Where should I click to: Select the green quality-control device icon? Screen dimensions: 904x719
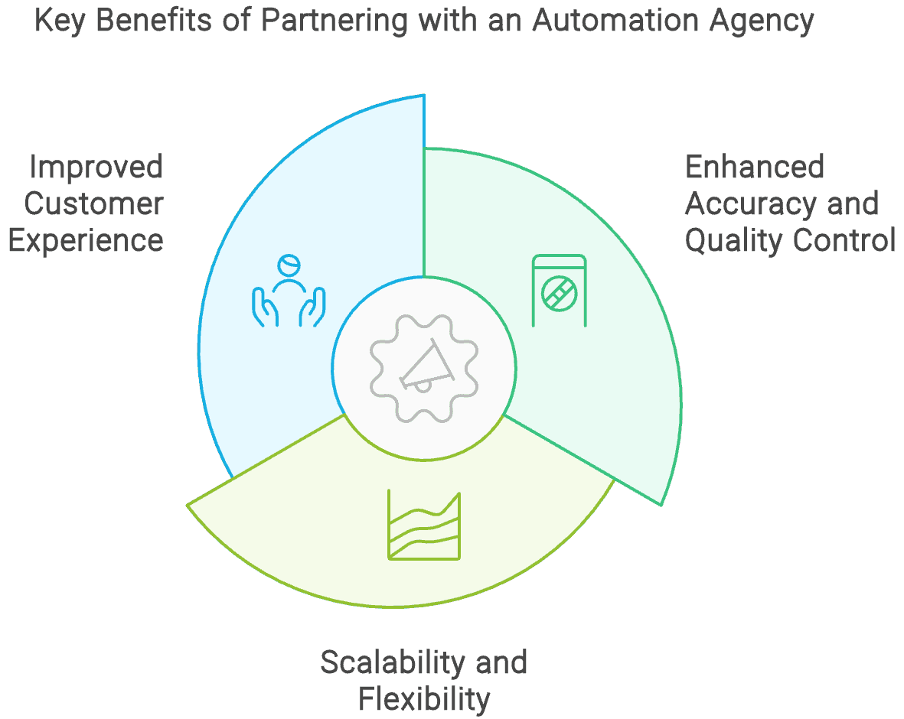(559, 291)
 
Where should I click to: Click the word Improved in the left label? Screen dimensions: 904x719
(96, 167)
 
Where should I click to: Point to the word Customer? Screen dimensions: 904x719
(94, 203)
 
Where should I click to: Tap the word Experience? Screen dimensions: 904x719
(86, 240)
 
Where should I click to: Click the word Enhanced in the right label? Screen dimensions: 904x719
(754, 167)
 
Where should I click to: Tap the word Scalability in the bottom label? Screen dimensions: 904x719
(387, 662)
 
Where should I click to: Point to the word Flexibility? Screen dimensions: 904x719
(424, 698)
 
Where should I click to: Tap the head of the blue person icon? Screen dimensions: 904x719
(289, 265)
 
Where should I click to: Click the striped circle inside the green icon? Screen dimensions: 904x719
(559, 293)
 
